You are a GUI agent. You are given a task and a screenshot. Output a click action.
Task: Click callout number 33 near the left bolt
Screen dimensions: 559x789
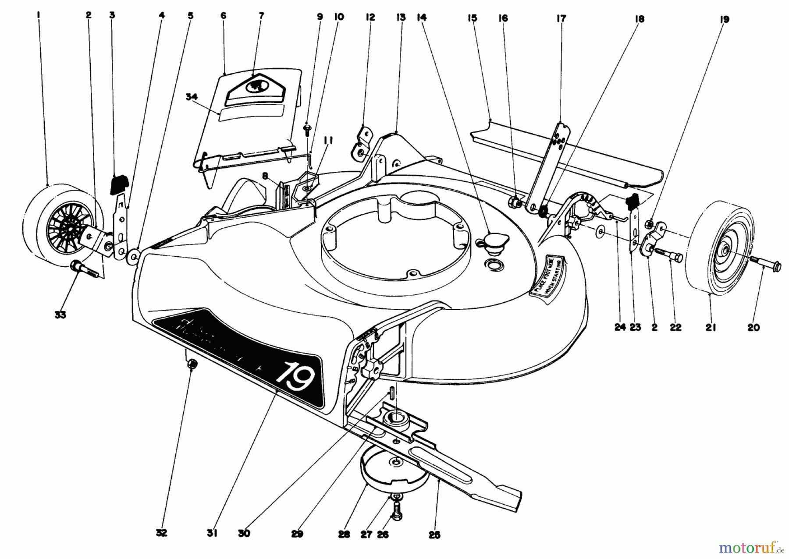pos(60,315)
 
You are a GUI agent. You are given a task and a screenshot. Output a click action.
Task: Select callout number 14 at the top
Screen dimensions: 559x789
pos(422,18)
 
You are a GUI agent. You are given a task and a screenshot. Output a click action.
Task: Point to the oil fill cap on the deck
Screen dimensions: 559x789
pos(494,241)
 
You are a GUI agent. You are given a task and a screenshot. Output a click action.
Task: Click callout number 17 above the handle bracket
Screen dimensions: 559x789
pos(561,18)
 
